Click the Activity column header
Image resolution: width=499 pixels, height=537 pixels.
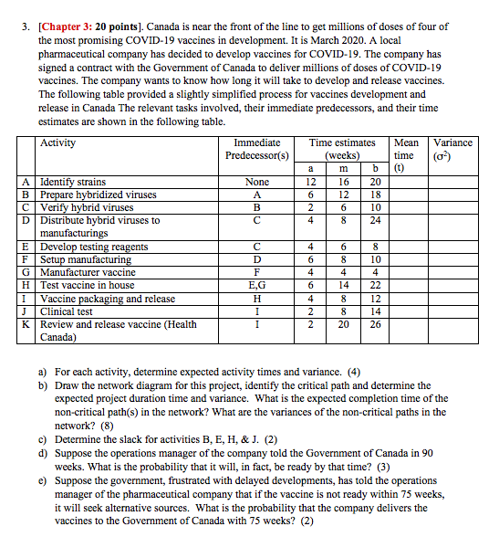[x=58, y=143]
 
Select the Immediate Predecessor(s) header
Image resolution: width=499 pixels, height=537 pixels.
[x=256, y=149]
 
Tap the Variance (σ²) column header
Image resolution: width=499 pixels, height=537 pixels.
[x=452, y=149]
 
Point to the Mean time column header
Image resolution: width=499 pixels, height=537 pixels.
[x=405, y=149]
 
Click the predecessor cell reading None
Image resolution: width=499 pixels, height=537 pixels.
[x=256, y=183]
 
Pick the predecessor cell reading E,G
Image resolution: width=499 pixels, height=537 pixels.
[x=256, y=285]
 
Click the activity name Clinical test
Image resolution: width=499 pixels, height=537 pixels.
[x=67, y=311]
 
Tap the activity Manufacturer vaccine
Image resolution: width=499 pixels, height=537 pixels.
[x=88, y=272]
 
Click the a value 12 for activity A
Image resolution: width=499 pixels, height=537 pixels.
[x=312, y=183]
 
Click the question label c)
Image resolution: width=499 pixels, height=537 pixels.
[x=43, y=438]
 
